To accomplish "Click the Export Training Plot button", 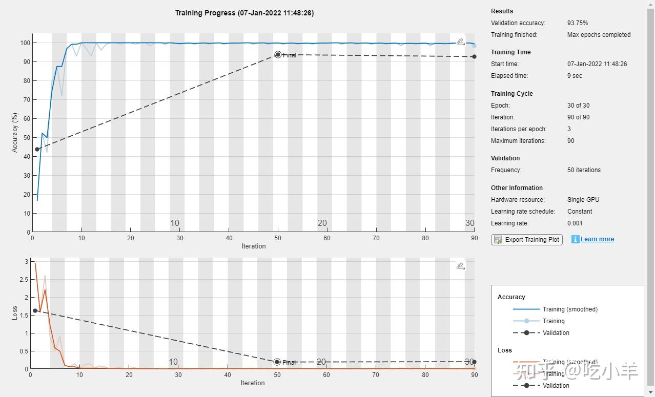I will click(x=527, y=239).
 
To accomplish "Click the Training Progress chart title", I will click(x=244, y=13).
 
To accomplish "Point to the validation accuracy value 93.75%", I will click(x=578, y=23).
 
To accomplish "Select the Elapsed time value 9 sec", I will click(x=575, y=76).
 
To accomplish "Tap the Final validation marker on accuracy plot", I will click(x=278, y=54).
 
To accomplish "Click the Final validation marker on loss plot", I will click(x=277, y=362).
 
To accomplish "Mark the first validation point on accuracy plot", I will click(x=37, y=149).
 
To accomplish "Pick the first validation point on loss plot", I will click(x=35, y=310).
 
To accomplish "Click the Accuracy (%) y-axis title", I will click(x=15, y=132).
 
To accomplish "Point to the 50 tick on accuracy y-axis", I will click(x=27, y=137).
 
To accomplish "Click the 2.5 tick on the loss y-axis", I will click(x=22, y=279).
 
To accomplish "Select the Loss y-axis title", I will click(x=15, y=313).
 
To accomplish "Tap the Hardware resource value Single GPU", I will click(x=583, y=200).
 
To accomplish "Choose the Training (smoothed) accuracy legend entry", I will click(x=570, y=309).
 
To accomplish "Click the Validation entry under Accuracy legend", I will click(x=556, y=333).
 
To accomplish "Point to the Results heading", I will click(x=502, y=11).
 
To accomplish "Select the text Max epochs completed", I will click(x=599, y=35).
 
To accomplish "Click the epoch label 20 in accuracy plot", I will click(x=322, y=223).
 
